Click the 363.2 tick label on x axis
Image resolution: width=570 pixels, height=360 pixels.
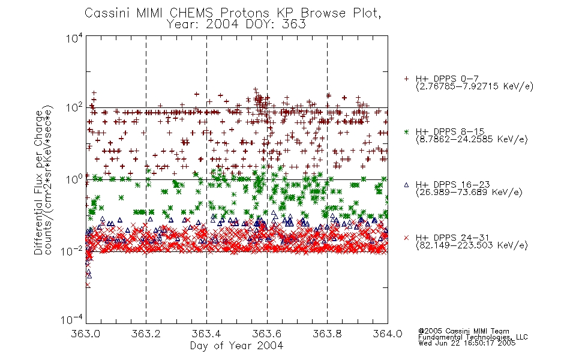pyautogui.click(x=146, y=334)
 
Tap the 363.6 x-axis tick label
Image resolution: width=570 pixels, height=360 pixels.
pyautogui.click(x=267, y=334)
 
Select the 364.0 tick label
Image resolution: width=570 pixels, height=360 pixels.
pyautogui.click(x=388, y=334)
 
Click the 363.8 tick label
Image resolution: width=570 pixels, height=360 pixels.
pyautogui.click(x=327, y=334)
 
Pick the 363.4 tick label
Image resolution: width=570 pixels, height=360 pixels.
pyautogui.click(x=206, y=334)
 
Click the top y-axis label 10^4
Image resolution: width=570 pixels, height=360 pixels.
pyautogui.click(x=74, y=38)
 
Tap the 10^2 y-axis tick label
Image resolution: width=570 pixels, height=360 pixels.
pyautogui.click(x=74, y=108)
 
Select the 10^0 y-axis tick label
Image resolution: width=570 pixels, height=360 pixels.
pyautogui.click(x=74, y=179)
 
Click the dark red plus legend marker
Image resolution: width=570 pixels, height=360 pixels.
pyautogui.click(x=406, y=79)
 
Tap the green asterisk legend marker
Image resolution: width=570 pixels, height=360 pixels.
pyautogui.click(x=406, y=131)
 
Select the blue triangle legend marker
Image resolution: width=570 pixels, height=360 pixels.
pyautogui.click(x=406, y=185)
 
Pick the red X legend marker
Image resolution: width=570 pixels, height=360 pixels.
pyautogui.click(x=406, y=238)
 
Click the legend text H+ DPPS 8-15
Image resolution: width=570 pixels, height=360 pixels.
pyautogui.click(x=450, y=131)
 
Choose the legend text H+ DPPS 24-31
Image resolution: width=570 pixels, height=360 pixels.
pyautogui.click(x=452, y=238)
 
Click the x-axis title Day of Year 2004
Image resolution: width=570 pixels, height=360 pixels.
pyautogui.click(x=236, y=346)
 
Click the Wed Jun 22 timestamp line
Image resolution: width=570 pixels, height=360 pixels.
pyautogui.click(x=467, y=343)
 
